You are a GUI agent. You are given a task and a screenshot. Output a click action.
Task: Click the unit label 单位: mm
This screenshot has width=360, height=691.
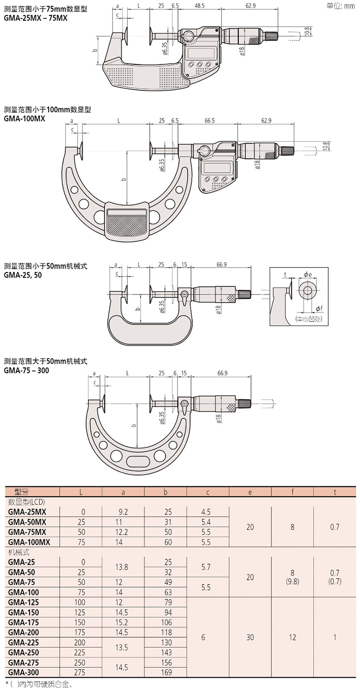coord(340,6)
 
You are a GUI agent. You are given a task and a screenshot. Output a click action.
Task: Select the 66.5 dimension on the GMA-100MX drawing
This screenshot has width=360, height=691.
coord(210,121)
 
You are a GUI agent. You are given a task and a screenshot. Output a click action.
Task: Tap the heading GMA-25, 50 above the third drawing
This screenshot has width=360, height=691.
coord(23,275)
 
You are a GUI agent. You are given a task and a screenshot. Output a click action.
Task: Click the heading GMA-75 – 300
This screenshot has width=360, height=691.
coord(26,371)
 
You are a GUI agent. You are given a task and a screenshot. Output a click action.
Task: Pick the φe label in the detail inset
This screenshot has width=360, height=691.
coord(308,274)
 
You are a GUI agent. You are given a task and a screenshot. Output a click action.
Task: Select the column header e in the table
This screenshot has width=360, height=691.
coord(250,492)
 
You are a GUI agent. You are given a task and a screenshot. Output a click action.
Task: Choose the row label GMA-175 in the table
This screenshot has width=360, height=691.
coord(24,623)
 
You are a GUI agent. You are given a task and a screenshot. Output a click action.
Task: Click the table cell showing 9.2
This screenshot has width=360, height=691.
coord(123,512)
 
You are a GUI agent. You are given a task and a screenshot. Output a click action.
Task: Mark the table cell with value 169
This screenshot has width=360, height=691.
coord(165,672)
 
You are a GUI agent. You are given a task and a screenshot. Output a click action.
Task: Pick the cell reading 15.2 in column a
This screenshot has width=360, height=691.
coord(123,623)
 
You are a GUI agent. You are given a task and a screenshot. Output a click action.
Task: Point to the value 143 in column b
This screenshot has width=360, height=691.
coord(165,652)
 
